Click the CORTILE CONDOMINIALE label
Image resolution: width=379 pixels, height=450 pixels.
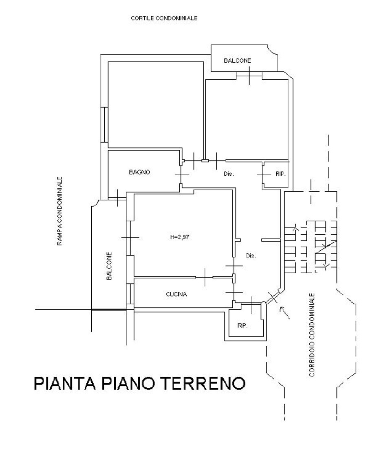pos(164,18)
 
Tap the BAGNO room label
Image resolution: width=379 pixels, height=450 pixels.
pos(139,172)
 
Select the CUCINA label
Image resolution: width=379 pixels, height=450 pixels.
pos(176,294)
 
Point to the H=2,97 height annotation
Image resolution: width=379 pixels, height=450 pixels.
pos(180,237)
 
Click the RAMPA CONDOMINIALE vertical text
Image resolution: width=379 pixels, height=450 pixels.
pos(60,211)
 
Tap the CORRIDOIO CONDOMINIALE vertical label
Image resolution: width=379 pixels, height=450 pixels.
pos(312,334)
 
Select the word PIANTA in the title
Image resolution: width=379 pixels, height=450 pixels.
pos(65,383)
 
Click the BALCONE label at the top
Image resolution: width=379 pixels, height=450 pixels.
pos(237,61)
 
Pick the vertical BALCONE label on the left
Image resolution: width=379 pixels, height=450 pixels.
pos(109,266)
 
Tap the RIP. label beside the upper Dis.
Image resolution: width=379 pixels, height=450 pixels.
pos(280,174)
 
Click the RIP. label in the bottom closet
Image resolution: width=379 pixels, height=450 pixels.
pos(242,326)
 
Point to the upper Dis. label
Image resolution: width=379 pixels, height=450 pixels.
pos(229,174)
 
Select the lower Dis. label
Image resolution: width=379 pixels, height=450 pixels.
pos(251,256)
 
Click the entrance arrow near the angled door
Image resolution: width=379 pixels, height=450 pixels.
pos(284,312)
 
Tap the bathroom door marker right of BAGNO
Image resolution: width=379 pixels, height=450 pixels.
pos(182,174)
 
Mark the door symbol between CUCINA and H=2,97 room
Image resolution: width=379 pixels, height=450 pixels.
pos(205,277)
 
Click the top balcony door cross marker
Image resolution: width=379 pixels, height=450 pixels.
pos(249,75)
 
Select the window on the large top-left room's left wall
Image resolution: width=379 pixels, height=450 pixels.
pos(104,125)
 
